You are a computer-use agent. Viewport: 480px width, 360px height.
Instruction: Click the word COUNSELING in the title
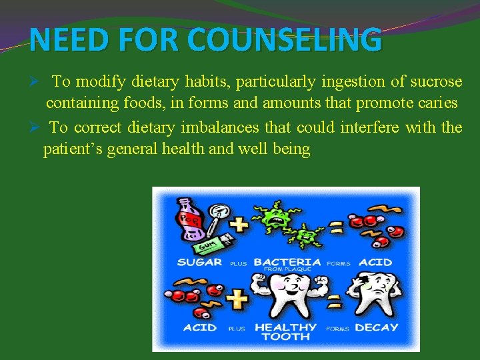click(285, 39)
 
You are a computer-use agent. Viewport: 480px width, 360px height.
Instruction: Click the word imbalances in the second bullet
click(217, 127)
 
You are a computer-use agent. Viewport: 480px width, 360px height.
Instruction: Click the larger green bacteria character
click(273, 215)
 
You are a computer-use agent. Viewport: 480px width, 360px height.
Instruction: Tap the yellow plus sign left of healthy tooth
click(238, 298)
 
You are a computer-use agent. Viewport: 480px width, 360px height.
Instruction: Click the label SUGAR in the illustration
click(199, 263)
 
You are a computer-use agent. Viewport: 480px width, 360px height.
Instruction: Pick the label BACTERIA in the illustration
click(287, 262)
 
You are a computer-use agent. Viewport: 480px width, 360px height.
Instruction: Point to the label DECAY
click(376, 328)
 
